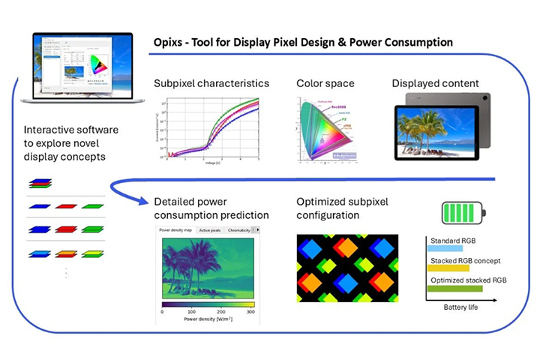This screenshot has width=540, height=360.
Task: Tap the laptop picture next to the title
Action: [77, 68]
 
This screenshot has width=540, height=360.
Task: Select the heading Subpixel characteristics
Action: [211, 82]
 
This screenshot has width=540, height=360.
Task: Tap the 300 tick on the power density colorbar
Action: [250, 311]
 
